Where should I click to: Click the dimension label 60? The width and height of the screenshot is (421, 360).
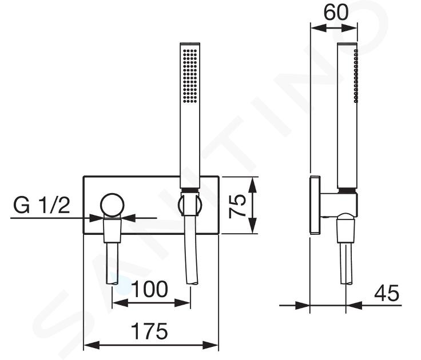pos(336,13)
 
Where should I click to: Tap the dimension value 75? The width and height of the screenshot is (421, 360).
pos(237,206)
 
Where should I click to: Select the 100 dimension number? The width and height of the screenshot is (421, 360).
pos(150,289)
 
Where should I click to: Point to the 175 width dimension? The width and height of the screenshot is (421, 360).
pos(150,331)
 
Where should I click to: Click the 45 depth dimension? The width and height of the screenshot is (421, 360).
pos(387,293)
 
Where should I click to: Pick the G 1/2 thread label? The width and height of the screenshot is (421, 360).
pos(42,205)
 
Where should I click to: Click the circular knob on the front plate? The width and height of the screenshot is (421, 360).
pos(112,205)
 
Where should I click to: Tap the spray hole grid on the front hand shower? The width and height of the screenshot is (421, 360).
pos(190,76)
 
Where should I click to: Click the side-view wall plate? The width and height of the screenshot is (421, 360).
pos(315,205)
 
